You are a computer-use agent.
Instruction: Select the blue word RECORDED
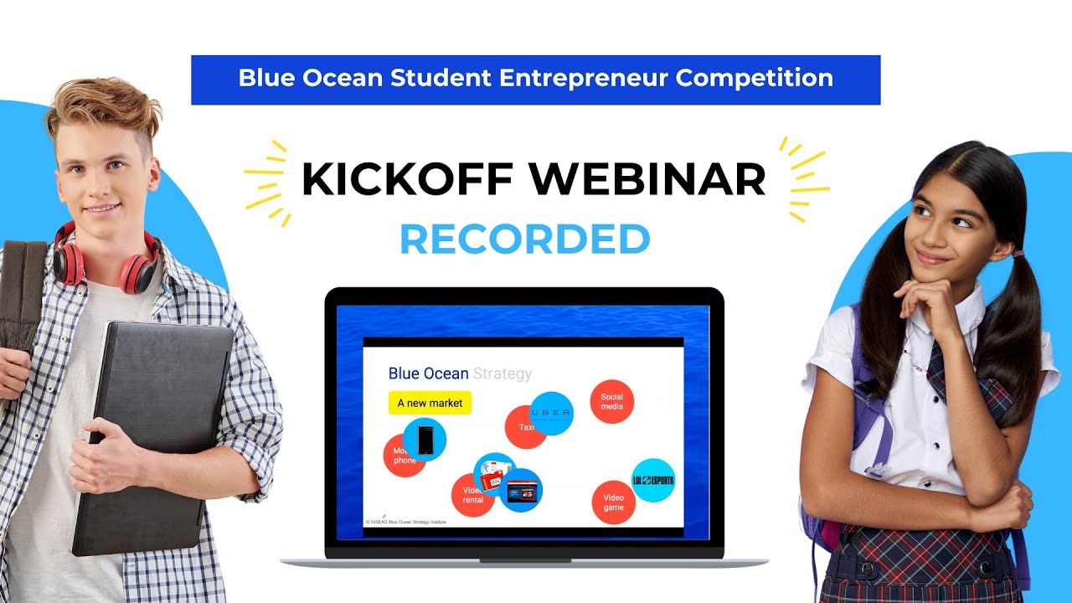click(525, 240)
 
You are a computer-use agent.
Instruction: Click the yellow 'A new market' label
click(430, 403)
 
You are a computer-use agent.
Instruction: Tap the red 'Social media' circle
click(612, 402)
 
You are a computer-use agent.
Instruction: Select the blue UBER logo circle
click(552, 413)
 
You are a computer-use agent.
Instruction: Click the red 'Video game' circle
click(614, 502)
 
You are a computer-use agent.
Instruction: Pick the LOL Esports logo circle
click(653, 481)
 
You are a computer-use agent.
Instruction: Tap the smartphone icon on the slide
click(425, 440)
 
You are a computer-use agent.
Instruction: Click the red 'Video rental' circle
click(472, 496)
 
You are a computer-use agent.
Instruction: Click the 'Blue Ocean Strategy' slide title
click(460, 374)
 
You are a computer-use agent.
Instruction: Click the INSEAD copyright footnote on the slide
click(405, 521)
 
